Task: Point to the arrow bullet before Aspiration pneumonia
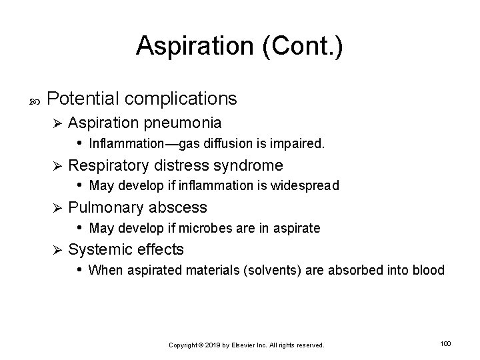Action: point(58,123)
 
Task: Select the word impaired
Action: point(301,142)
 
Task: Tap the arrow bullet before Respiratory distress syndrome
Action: point(58,165)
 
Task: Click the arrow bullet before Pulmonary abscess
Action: point(58,207)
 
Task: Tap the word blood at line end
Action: point(429,270)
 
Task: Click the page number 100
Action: point(446,343)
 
